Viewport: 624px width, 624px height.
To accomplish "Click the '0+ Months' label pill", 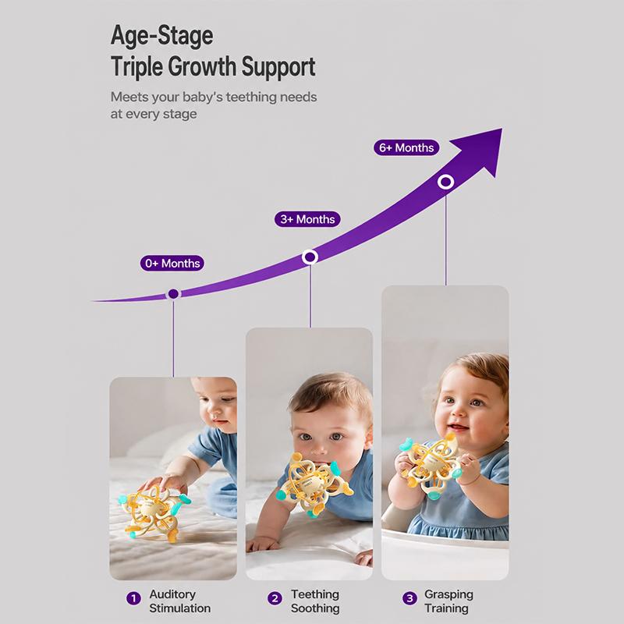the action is [172, 264].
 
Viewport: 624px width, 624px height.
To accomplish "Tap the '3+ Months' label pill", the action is [307, 219].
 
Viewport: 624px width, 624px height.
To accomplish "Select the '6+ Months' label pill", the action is [406, 147].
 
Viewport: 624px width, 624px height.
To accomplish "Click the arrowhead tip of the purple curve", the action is [502, 129].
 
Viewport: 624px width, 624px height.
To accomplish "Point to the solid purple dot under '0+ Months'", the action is [173, 294].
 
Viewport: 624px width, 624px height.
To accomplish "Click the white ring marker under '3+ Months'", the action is [310, 257].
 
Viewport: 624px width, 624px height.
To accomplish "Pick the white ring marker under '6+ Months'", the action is [445, 182].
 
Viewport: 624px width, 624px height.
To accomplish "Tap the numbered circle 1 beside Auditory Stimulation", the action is [133, 598].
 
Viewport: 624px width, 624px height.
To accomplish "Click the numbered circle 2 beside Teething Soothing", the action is [275, 598].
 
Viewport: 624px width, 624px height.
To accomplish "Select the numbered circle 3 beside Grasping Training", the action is [409, 598].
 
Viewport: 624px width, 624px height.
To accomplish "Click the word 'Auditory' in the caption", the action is [172, 594].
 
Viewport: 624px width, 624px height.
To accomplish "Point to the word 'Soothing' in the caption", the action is [315, 608].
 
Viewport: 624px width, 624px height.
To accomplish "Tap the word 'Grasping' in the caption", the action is [449, 594].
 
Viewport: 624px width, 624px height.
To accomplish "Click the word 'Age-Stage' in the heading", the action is [162, 36].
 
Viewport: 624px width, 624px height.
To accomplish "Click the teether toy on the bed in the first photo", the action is [154, 512].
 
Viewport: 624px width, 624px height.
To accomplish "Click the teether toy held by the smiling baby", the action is [431, 466].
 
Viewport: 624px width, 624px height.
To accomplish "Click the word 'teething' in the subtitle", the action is [251, 97].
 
